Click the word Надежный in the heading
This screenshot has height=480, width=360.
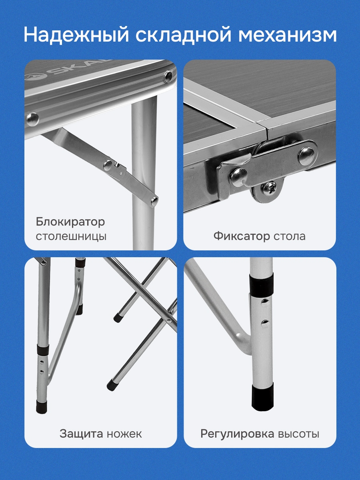76,35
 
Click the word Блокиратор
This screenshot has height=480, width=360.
70,222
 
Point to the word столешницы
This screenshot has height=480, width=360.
71,237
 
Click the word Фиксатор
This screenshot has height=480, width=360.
242,236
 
